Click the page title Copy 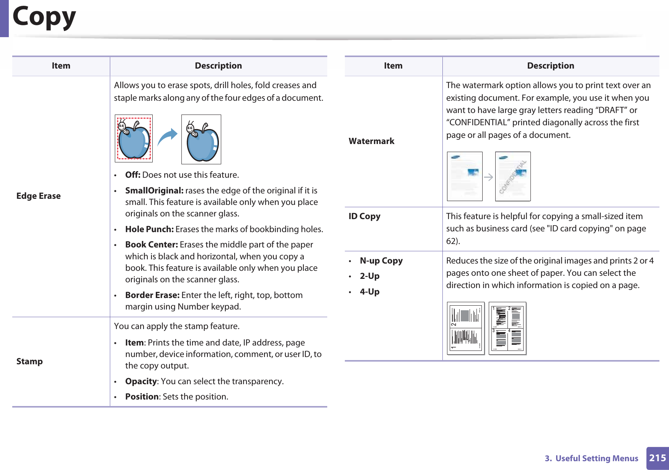pyautogui.click(x=44, y=17)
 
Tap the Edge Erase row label pyautogui.click(x=38, y=196)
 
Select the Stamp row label pyautogui.click(x=29, y=361)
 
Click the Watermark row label pyautogui.click(x=371, y=141)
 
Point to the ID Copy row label pyautogui.click(x=364, y=216)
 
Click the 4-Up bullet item pyautogui.click(x=369, y=291)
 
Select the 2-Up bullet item pyautogui.click(x=369, y=276)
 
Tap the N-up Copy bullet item pyautogui.click(x=381, y=260)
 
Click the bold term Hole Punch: pyautogui.click(x=149, y=229)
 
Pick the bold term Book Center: pyautogui.click(x=151, y=244)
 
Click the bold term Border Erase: pyautogui.click(x=152, y=295)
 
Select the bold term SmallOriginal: pyautogui.click(x=154, y=190)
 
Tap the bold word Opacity pyautogui.click(x=141, y=381)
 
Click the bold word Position pyautogui.click(x=142, y=396)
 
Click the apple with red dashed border pyautogui.click(x=134, y=139)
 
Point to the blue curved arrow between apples pyautogui.click(x=167, y=137)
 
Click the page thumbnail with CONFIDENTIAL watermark pyautogui.click(x=513, y=176)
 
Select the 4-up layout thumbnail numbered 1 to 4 pyautogui.click(x=507, y=328)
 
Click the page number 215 pyautogui.click(x=658, y=458)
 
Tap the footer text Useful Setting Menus pyautogui.click(x=596, y=458)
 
